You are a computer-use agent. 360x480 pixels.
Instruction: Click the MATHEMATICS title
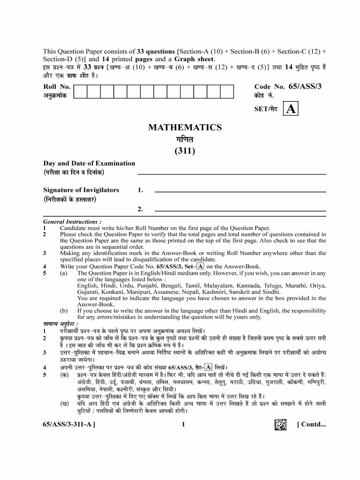(185, 127)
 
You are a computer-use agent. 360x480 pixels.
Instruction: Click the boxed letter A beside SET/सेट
(291, 109)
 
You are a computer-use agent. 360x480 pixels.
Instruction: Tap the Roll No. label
(57, 87)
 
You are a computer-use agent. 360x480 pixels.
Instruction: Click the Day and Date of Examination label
(89, 163)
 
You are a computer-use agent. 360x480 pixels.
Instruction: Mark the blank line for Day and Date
(232, 174)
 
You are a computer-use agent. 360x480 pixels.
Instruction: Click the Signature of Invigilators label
(81, 190)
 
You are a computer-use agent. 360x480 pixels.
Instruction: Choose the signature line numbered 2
(240, 210)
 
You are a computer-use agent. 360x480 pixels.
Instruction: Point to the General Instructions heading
(71, 221)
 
